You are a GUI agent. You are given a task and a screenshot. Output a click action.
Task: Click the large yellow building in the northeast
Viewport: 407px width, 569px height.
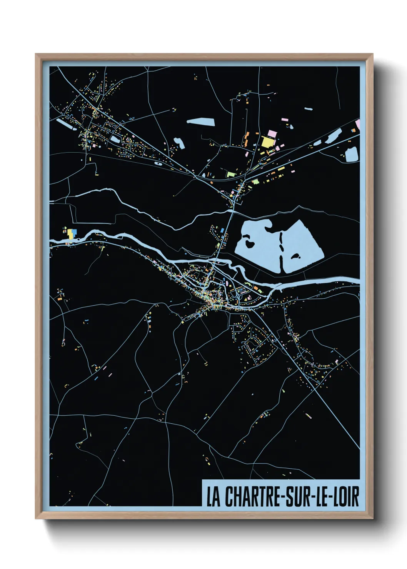(x=267, y=141)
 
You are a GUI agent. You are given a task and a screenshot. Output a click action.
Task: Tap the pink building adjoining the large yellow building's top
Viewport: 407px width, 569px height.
(x=272, y=133)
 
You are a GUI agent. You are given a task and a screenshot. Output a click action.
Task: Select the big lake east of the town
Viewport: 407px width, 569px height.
(x=262, y=246)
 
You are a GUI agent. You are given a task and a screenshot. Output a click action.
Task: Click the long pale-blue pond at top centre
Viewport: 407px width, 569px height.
(x=200, y=122)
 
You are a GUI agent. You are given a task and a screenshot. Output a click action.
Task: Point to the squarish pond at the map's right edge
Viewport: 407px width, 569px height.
(x=352, y=155)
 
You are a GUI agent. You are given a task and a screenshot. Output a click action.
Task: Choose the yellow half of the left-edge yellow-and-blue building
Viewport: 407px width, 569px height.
(x=70, y=234)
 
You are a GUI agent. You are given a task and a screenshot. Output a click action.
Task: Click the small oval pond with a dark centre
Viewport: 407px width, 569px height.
(x=157, y=163)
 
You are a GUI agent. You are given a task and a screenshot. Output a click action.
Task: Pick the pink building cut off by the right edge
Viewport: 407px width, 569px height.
(x=358, y=124)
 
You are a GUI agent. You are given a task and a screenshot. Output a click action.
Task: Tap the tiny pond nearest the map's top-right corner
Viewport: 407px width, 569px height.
(x=308, y=109)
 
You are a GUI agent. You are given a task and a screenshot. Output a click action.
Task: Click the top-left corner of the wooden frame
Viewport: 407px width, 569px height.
(x=36, y=55)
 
